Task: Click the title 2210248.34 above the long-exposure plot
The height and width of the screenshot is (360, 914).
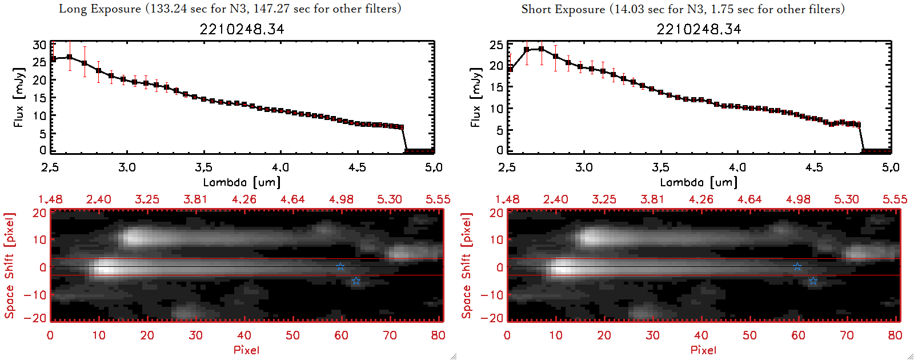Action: pyautogui.click(x=242, y=29)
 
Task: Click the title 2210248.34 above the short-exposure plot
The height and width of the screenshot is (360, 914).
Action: pyautogui.click(x=699, y=29)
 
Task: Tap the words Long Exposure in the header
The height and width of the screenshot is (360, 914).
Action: pyautogui.click(x=100, y=9)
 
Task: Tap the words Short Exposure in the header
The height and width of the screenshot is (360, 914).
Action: pyautogui.click(x=563, y=9)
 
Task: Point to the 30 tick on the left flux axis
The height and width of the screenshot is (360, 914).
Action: pyautogui.click(x=39, y=45)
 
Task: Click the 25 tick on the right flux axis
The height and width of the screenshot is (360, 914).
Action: pyautogui.click(x=496, y=45)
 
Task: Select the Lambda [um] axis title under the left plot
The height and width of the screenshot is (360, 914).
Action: pyautogui.click(x=242, y=182)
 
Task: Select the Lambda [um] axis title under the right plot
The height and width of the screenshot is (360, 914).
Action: pyautogui.click(x=699, y=182)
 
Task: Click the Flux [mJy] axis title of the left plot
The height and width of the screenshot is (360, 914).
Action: pyautogui.click(x=19, y=97)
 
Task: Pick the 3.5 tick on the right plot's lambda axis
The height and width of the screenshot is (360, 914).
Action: pyautogui.click(x=660, y=167)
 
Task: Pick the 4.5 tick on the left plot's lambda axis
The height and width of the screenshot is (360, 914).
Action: pyautogui.click(x=357, y=167)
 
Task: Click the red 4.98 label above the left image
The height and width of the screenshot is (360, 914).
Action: pyautogui.click(x=341, y=199)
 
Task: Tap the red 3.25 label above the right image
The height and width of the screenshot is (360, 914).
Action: pyautogui.click(x=604, y=199)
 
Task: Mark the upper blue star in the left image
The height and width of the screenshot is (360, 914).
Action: pyautogui.click(x=340, y=266)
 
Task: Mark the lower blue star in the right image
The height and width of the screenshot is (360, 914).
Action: pyautogui.click(x=813, y=281)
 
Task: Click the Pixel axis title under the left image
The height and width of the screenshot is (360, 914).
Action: pyautogui.click(x=246, y=350)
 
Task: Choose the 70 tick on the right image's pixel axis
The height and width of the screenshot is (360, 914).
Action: pyautogui.click(x=847, y=335)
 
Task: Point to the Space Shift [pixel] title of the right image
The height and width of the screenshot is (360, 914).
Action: pyautogui.click(x=467, y=266)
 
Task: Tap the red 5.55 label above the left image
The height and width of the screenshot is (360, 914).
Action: pyautogui.click(x=438, y=199)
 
